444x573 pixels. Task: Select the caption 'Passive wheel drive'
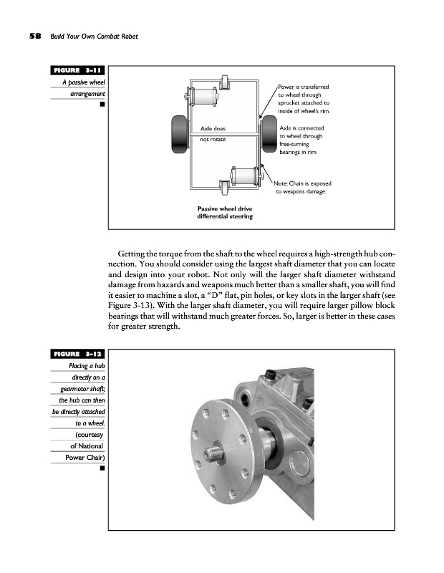click(x=224, y=208)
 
